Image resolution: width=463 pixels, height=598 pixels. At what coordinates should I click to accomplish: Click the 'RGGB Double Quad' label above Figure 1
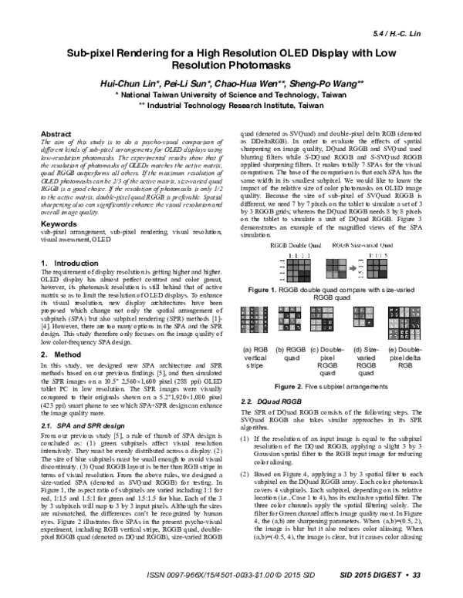pyautogui.click(x=292, y=266)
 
